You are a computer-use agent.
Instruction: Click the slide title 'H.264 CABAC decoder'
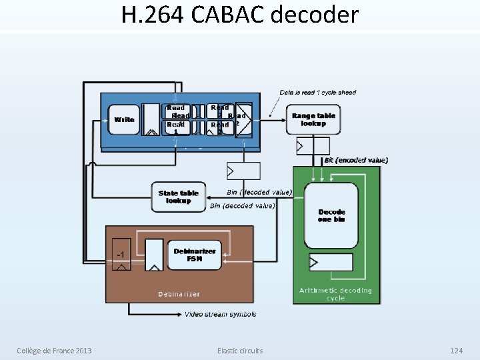(240, 15)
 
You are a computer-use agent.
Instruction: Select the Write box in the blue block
(124, 120)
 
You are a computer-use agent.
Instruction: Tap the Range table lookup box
(313, 119)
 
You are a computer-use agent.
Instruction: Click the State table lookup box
(178, 197)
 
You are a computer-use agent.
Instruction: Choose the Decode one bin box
(331, 215)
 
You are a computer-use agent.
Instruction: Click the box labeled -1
(121, 255)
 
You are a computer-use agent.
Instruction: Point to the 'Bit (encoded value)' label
(356, 160)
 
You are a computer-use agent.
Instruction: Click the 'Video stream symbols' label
(220, 314)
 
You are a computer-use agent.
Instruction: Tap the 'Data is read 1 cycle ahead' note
(318, 93)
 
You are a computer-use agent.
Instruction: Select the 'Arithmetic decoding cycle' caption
(335, 294)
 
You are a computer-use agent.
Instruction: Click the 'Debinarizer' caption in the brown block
(179, 294)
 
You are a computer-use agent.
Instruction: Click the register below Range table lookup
(313, 145)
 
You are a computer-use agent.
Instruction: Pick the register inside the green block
(331, 262)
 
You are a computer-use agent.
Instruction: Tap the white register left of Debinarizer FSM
(153, 256)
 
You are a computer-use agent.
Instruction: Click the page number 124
(456, 351)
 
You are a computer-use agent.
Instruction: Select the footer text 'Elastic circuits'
(240, 351)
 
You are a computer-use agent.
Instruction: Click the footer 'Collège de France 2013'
(55, 351)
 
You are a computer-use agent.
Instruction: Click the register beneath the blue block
(243, 171)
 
